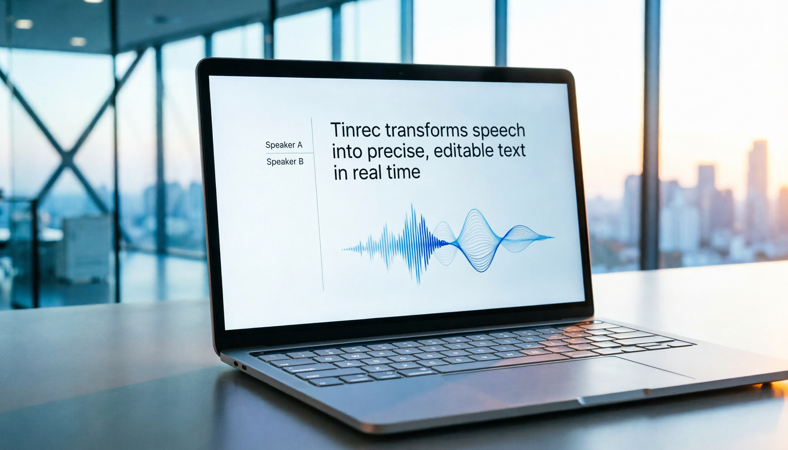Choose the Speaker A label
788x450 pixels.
[x=284, y=145]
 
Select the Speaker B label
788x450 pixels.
[x=285, y=162]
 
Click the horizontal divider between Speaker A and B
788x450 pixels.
[x=289, y=153]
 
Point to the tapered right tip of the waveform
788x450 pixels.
[x=553, y=237]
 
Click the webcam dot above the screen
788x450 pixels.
[x=401, y=74]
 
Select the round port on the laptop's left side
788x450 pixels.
[x=236, y=364]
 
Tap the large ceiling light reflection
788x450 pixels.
[x=24, y=24]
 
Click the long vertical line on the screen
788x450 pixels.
[x=317, y=204]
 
